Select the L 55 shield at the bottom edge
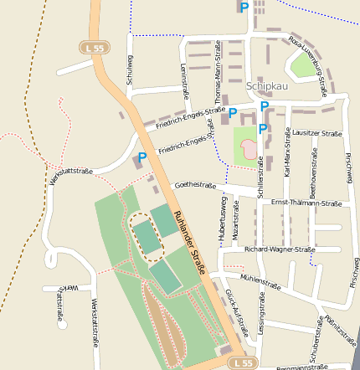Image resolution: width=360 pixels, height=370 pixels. (243, 362)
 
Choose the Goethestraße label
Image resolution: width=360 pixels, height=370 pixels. (194, 186)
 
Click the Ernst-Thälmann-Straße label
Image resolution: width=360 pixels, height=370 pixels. (306, 203)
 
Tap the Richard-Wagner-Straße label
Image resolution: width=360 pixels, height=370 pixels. (280, 249)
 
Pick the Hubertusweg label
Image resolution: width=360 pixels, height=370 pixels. (223, 221)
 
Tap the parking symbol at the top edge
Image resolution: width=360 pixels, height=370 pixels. (244, 8)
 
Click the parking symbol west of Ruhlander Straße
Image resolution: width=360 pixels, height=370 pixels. (142, 157)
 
